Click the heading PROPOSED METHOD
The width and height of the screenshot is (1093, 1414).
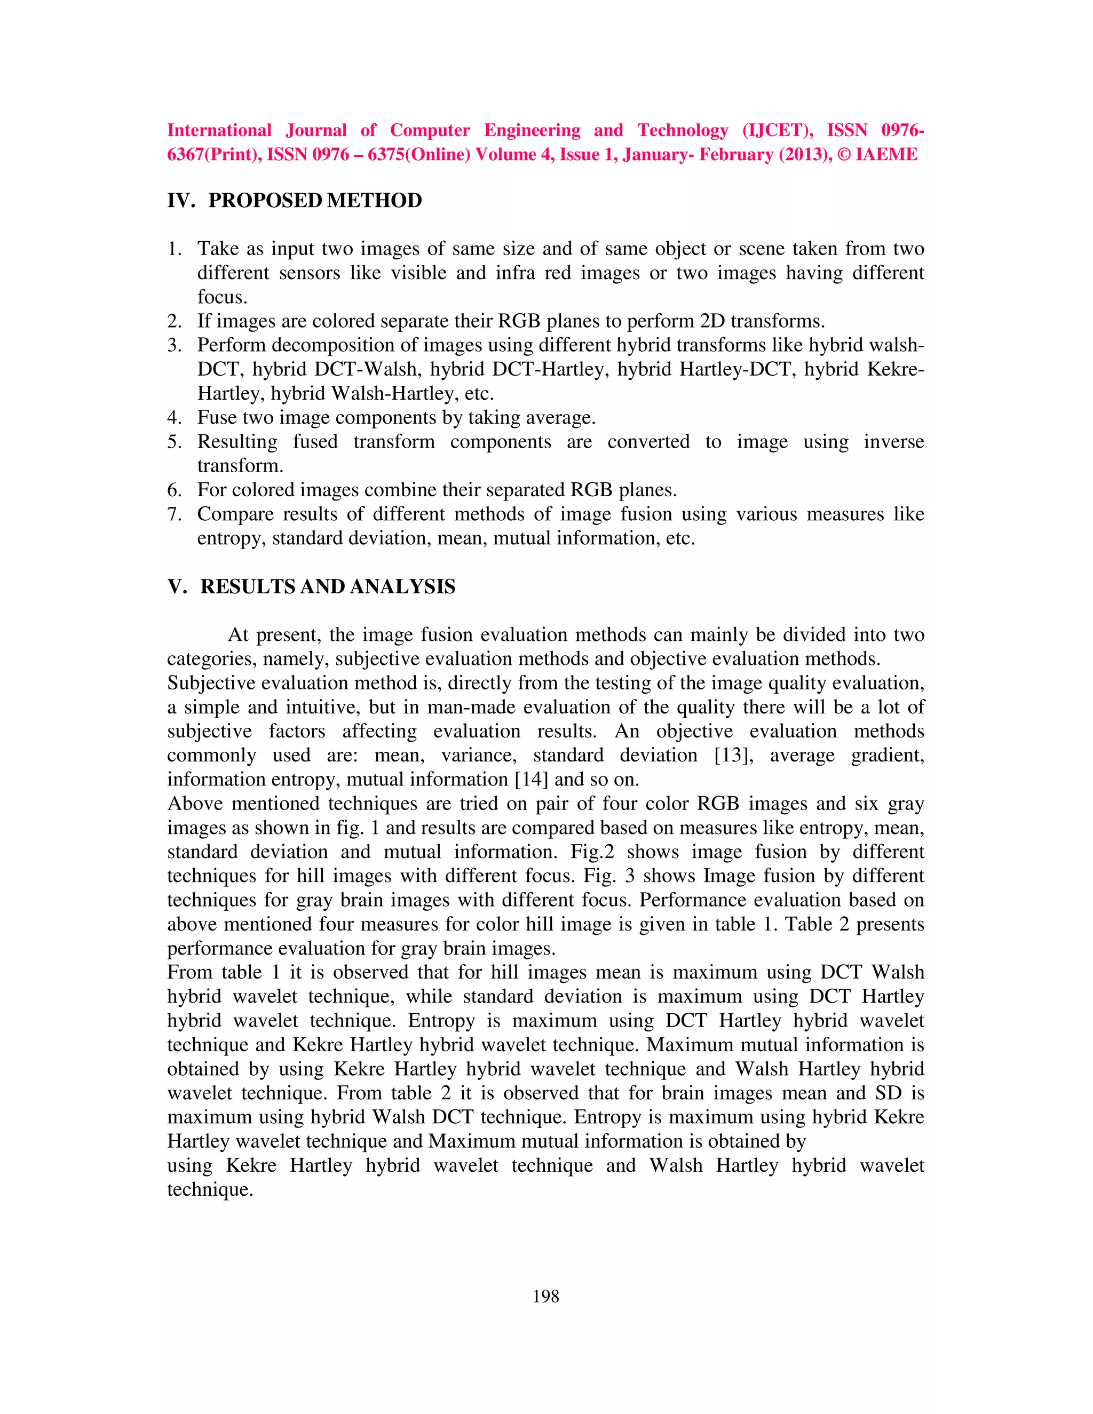coord(315,201)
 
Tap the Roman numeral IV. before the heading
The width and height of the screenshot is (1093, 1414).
coord(181,201)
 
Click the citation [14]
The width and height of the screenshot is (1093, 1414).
coord(531,780)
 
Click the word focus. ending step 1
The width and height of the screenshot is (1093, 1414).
coord(222,297)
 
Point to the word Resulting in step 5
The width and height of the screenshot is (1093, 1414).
coord(237,442)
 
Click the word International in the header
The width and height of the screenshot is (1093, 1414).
coord(219,131)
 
